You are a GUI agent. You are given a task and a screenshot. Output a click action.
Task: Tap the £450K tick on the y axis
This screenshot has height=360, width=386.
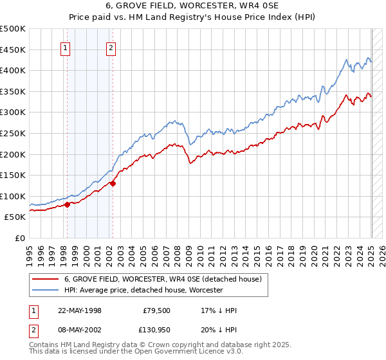pos(13,50)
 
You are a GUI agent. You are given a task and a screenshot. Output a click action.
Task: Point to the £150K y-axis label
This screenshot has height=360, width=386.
pos(13,175)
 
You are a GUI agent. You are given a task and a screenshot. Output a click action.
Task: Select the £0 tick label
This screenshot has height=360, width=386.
pos(20,238)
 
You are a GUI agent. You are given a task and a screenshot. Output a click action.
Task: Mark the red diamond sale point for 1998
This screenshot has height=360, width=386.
pos(67,204)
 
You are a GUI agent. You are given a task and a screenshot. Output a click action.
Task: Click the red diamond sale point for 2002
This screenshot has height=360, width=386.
pos(113,183)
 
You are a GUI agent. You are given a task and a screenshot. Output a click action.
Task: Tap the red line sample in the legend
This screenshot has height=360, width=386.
pos(46,280)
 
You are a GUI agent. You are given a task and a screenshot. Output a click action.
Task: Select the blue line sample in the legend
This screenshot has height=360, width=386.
pos(46,290)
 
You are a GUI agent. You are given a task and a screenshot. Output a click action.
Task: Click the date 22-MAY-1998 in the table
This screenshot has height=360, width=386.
pos(80,310)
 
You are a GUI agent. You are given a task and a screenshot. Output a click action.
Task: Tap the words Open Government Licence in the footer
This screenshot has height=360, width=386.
pos(187,352)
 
